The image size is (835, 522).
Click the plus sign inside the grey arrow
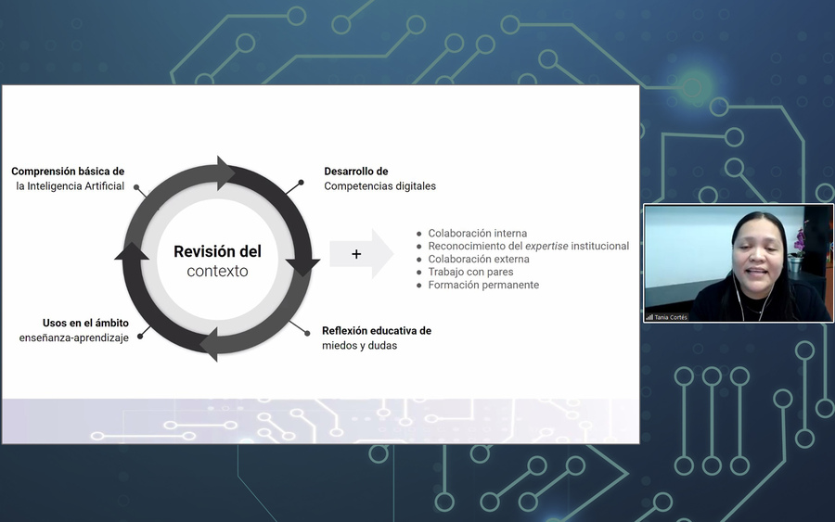356,254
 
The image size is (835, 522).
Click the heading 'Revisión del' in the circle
217,251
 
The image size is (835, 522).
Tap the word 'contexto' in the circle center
217,271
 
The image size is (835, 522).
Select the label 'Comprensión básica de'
68,172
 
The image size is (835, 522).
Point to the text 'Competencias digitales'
379,185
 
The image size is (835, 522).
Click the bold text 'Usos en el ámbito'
85,323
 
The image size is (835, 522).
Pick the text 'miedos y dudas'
359,345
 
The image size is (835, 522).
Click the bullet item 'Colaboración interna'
478,233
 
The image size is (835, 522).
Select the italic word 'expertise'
546,247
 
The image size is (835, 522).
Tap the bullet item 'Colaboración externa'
479,259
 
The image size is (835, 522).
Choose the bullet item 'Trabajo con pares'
470,272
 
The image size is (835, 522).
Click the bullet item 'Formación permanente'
483,285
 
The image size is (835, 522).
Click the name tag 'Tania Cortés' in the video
671,317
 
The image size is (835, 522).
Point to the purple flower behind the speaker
799,241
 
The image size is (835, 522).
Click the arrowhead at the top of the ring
225,173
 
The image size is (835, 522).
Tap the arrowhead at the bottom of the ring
209,344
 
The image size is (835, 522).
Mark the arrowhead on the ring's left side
132,251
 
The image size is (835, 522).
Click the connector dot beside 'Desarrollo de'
301,183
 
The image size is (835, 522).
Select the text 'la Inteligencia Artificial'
71,186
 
